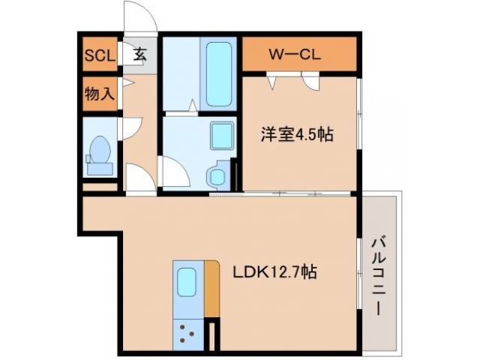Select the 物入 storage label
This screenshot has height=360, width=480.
(99, 94)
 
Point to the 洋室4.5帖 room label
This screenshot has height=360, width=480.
(297, 135)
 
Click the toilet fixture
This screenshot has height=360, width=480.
(100, 154)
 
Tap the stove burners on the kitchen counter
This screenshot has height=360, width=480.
(187, 331)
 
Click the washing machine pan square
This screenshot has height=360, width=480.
(223, 136)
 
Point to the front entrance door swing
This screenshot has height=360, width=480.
(139, 16)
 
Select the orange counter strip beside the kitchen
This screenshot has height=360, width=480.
(211, 289)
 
